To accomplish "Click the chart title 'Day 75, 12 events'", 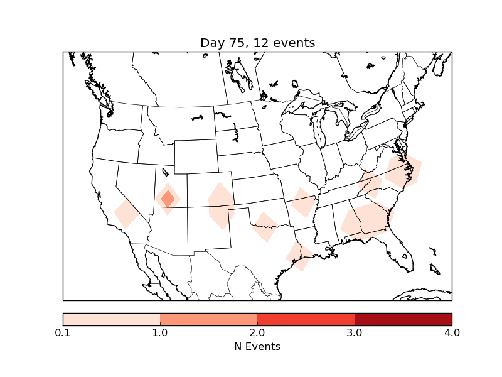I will tap(257, 43).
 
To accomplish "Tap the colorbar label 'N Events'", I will tap(257, 346).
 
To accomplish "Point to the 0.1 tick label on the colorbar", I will tap(63, 332).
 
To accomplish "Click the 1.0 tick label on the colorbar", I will tap(160, 332).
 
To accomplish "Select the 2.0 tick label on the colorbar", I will tap(257, 332).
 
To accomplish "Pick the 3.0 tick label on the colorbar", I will tap(355, 332).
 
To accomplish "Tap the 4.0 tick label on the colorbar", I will tap(451, 332).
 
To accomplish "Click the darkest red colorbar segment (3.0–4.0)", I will tap(403, 319).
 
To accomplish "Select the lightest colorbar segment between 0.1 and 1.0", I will tap(112, 319).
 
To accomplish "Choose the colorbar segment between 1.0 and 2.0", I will tap(209, 319).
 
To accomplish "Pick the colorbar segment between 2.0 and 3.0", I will tap(306, 319).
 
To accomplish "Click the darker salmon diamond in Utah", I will tap(168, 199).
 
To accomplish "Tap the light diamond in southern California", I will tap(127, 214).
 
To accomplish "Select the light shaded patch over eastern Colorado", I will tap(221, 206).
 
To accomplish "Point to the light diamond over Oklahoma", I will tap(265, 226).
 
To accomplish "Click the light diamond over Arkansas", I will tap(303, 203).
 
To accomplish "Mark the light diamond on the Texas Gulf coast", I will tap(299, 256).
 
